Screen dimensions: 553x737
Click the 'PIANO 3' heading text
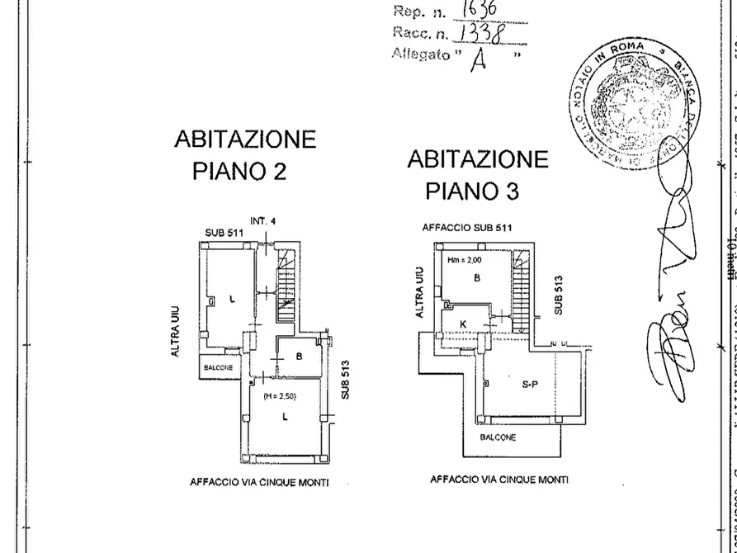pyautogui.click(x=472, y=191)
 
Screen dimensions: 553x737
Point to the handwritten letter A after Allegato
pyautogui.click(x=475, y=59)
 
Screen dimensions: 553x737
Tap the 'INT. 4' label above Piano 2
pyautogui.click(x=262, y=221)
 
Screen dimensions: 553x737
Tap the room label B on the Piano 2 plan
pyautogui.click(x=297, y=357)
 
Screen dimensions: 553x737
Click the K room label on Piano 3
pyautogui.click(x=463, y=324)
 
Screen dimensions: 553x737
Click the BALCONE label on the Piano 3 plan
pyautogui.click(x=497, y=437)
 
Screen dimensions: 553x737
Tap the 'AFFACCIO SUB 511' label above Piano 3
pyautogui.click(x=468, y=227)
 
